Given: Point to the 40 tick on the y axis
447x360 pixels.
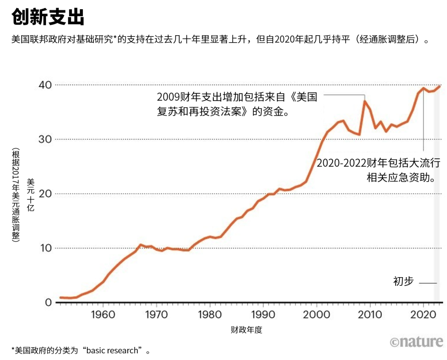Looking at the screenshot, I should pos(45,85).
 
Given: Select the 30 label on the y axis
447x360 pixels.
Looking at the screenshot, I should pos(45,139).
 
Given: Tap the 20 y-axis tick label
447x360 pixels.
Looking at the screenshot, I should pos(45,194).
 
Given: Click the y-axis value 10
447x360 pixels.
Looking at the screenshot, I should pos(45,248).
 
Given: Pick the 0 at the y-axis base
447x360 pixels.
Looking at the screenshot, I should pos(49,303).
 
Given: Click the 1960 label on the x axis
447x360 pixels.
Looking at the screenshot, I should pos(103,314).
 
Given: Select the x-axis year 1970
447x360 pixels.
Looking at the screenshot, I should pos(156,314).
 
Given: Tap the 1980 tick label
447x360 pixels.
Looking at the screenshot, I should pos(210,314).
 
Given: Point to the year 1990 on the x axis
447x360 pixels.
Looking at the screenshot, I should pos(263,314).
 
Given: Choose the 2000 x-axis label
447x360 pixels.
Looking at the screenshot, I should pos(317,314).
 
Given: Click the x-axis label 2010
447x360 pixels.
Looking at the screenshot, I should pos(370,314).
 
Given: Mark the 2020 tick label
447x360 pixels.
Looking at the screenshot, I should pos(423,314).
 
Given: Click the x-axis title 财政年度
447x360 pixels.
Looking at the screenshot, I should pos(247,330).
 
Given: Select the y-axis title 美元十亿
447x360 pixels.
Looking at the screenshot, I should pos(31,195).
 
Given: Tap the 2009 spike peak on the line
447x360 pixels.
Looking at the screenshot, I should pos(365,101).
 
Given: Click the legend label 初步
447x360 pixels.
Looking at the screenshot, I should pos(403,281).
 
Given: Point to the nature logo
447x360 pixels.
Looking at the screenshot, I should pos(416,342).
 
